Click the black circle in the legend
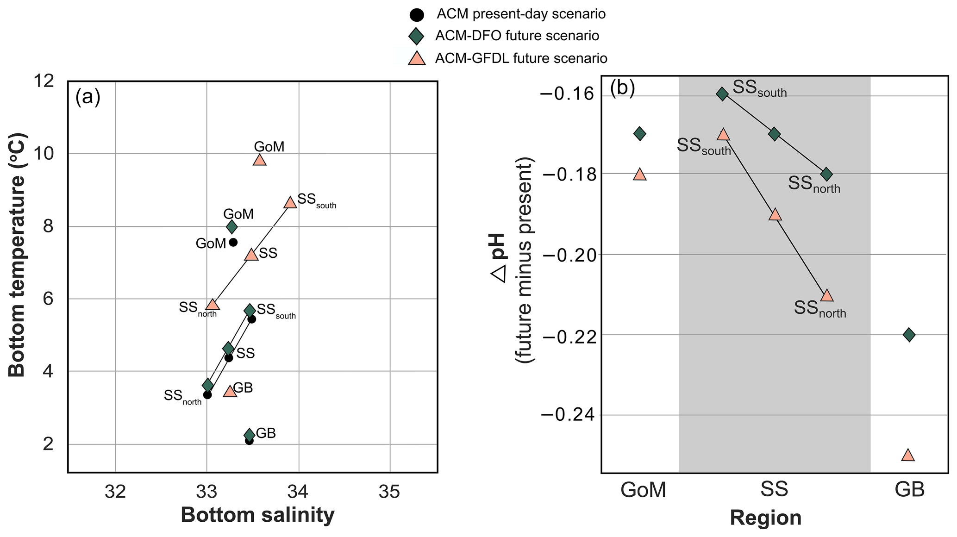click(417, 14)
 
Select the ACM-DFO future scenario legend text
click(517, 36)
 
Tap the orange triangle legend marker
click(417, 58)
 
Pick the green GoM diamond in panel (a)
click(231, 227)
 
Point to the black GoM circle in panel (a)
click(233, 242)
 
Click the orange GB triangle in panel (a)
click(230, 392)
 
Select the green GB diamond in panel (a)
click(249, 434)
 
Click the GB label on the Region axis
click(909, 489)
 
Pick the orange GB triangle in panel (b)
click(908, 455)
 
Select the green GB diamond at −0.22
click(909, 334)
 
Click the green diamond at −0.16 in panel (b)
click(722, 94)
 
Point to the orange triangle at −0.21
click(826, 295)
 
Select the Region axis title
click(765, 518)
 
